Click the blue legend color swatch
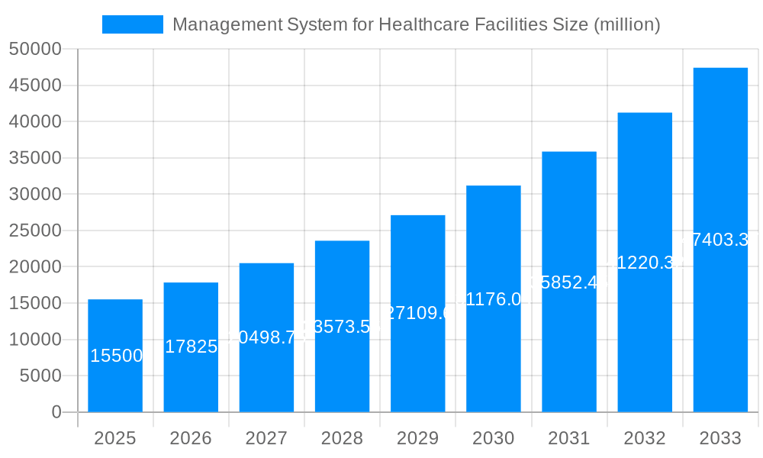tap(133, 24)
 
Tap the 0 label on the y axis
tap(56, 412)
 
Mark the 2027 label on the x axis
tap(266, 438)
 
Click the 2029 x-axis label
tap(417, 438)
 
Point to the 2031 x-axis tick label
tap(568, 438)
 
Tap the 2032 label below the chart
tap(645, 438)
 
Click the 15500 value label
tap(116, 356)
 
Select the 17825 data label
tap(192, 347)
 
